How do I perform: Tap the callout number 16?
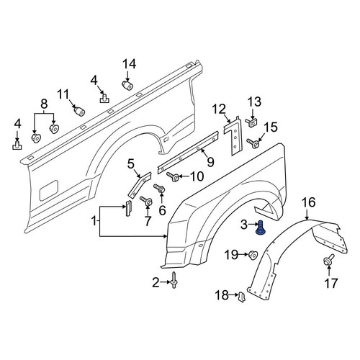[x=308, y=202]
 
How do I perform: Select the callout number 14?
[x=130, y=64]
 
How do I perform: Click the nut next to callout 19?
[x=253, y=254]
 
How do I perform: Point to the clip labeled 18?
[x=241, y=297]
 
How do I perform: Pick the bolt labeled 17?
[x=328, y=260]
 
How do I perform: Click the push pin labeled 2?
[x=174, y=280]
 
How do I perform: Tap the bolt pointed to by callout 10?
[x=173, y=177]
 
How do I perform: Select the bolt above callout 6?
[x=159, y=188]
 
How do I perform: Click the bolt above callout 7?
[x=146, y=201]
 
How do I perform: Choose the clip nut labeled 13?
[x=251, y=123]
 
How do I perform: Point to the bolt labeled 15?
[x=253, y=143]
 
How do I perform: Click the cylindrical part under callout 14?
[x=127, y=85]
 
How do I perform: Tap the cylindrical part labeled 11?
[x=79, y=112]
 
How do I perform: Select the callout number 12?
[x=219, y=109]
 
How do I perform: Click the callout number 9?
[x=210, y=162]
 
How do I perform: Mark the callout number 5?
[x=131, y=164]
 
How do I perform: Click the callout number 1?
[x=94, y=221]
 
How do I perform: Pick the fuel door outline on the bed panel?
[x=49, y=190]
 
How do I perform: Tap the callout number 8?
[x=44, y=104]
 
